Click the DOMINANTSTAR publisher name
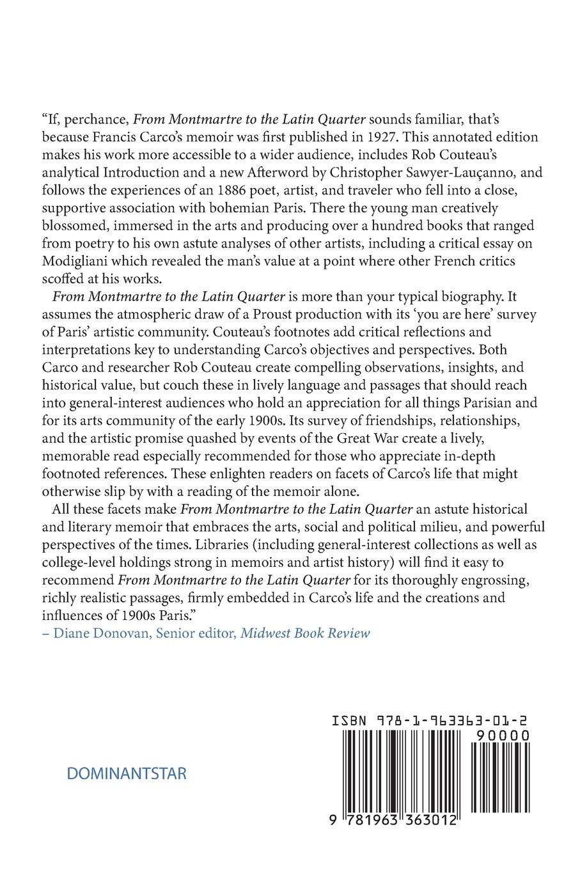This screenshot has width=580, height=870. (127, 773)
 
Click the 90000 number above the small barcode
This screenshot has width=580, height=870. (502, 736)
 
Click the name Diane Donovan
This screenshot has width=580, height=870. (99, 633)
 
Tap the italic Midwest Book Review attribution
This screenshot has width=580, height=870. (305, 633)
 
